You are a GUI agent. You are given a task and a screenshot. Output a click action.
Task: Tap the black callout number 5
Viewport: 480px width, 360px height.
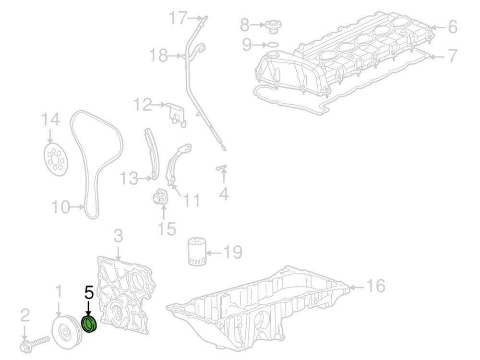click(89, 293)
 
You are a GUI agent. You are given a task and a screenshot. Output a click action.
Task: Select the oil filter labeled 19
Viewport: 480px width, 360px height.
click(196, 251)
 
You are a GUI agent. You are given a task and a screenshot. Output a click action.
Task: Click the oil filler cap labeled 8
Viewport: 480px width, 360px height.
click(273, 26)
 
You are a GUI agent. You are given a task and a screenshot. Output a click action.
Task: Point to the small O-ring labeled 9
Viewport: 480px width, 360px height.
click(273, 45)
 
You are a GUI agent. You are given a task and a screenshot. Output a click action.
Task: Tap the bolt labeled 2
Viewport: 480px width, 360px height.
click(34, 344)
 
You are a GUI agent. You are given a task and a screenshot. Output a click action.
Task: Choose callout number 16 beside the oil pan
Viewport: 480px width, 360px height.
click(376, 286)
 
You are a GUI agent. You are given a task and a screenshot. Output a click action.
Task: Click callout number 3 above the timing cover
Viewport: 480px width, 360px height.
click(118, 236)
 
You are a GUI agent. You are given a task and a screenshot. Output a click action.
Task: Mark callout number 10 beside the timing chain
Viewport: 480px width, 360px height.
click(60, 207)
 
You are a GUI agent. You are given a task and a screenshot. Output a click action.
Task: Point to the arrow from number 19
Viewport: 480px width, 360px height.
click(214, 253)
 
